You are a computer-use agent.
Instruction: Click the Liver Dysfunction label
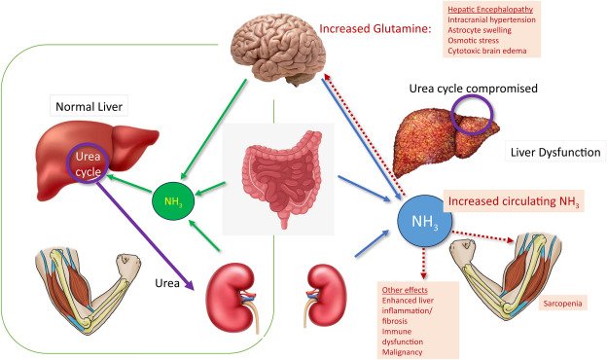coord(554,153)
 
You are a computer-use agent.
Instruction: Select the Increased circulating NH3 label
coord(514,201)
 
